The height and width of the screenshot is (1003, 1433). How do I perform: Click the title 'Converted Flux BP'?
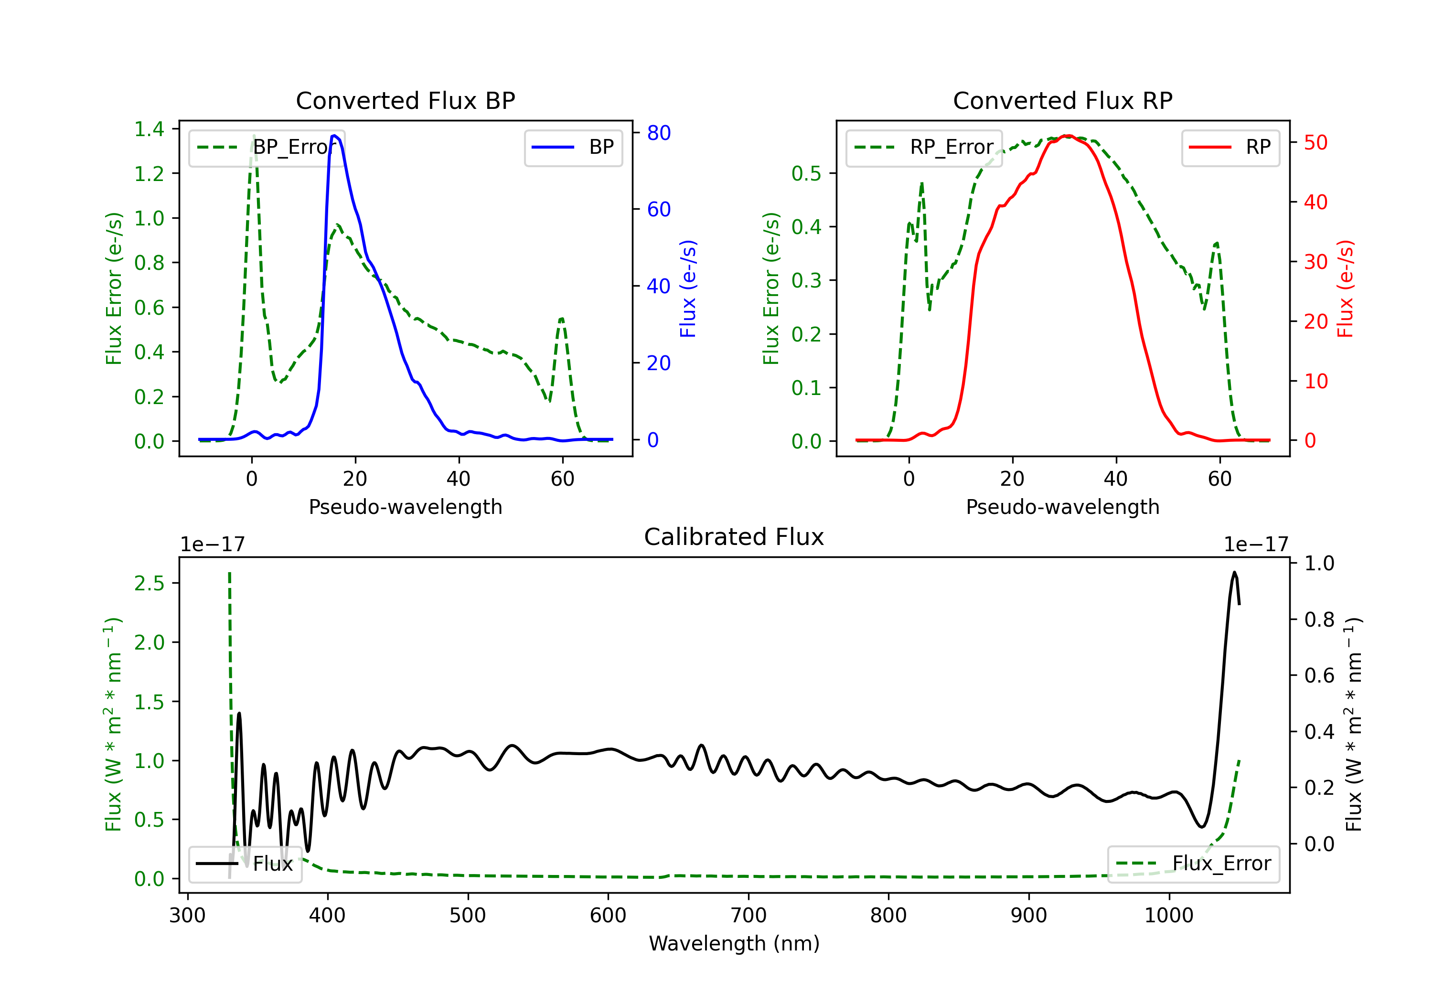(x=406, y=100)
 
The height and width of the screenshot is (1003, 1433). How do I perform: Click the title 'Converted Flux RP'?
(x=1063, y=100)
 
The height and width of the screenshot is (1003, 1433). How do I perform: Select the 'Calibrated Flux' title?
(x=734, y=537)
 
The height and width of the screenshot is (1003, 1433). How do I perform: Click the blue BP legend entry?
(x=573, y=147)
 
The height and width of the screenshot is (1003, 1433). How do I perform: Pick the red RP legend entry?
(x=1230, y=147)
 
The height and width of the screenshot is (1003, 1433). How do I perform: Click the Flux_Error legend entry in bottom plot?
(x=1193, y=864)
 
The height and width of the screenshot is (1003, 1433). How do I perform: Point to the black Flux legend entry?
(x=245, y=864)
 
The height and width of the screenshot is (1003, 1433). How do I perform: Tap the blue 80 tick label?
(x=659, y=133)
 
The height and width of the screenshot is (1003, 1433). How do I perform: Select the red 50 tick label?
(x=1315, y=143)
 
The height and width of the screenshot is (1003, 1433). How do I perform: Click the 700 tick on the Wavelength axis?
(x=749, y=916)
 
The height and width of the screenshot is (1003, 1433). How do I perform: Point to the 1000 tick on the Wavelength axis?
(x=1169, y=916)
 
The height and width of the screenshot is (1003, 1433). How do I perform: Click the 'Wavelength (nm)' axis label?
(x=734, y=944)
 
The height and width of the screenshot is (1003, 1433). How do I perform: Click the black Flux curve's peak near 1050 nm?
(x=1234, y=572)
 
